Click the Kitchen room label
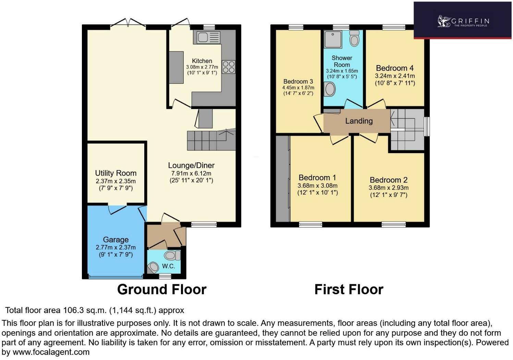[202, 61]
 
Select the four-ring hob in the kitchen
[229, 67]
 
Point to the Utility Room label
[115, 173]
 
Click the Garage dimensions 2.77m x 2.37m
[115, 247]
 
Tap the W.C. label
[169, 266]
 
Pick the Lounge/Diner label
[191, 165]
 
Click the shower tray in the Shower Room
[333, 39]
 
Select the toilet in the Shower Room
[355, 38]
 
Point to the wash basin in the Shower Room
[330, 89]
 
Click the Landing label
[359, 121]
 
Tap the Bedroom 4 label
[395, 68]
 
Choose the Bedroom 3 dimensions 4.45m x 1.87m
[298, 88]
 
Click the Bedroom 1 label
[317, 177]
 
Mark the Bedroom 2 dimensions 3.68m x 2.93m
[389, 188]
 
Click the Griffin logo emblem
[444, 21]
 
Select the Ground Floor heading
[162, 289]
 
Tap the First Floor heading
[349, 289]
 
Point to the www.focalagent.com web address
[51, 352]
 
